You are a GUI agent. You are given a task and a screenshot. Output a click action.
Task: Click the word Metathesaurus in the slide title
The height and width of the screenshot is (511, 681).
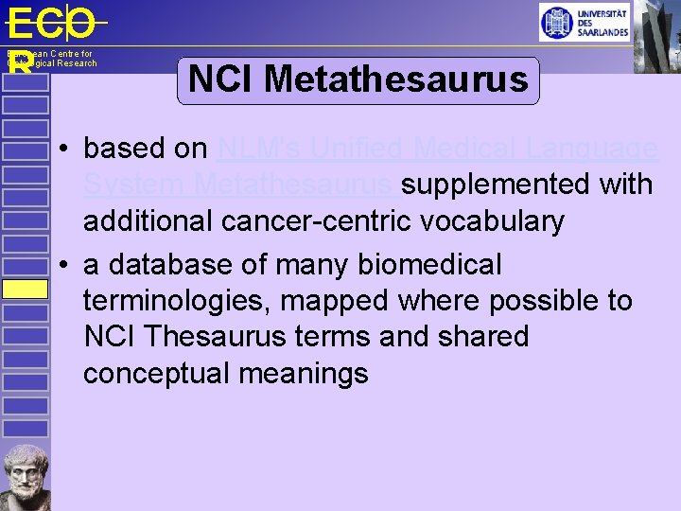coord(396,79)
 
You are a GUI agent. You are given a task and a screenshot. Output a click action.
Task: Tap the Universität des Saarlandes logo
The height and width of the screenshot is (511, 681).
coord(584,22)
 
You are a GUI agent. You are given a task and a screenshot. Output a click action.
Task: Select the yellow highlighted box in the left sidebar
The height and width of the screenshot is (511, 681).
coord(25,289)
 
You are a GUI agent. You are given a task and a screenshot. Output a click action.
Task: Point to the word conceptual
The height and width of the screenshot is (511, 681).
coord(156,374)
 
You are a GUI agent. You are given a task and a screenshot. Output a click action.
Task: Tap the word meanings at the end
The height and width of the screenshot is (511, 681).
coord(304,374)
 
